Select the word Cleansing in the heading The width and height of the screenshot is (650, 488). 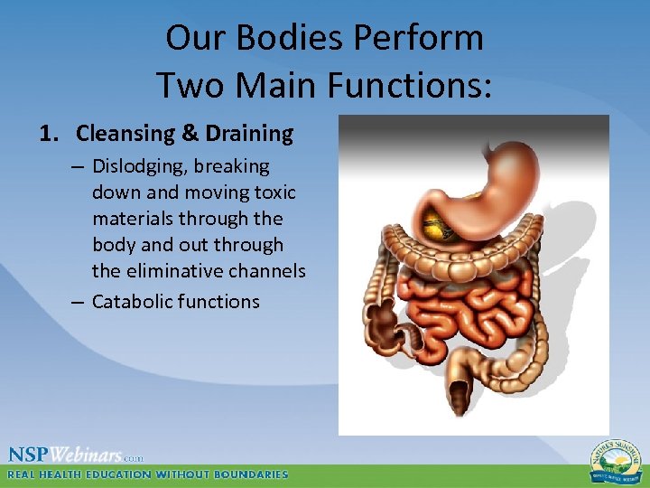[x=125, y=134]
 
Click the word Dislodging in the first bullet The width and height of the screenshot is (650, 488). [x=135, y=166]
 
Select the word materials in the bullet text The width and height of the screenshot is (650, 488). [x=131, y=219]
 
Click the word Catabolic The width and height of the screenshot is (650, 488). [x=132, y=302]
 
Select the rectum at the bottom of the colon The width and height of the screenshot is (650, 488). [x=460, y=392]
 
